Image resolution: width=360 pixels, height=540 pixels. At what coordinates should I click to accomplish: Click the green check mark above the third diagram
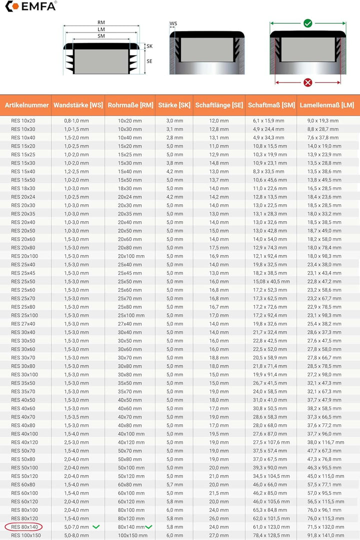(308, 23)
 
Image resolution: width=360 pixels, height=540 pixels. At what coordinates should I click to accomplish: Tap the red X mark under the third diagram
(308, 83)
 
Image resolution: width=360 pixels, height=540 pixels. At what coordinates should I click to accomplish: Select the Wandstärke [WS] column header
(78, 105)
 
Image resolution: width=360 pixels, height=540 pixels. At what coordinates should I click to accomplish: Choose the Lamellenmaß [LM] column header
(327, 105)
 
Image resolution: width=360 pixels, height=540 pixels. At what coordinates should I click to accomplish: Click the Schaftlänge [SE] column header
(219, 105)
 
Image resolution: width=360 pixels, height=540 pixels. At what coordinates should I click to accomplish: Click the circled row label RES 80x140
(23, 527)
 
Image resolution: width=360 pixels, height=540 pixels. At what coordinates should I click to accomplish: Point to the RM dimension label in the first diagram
(101, 23)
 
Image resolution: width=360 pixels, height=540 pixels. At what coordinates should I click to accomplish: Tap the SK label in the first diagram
(149, 46)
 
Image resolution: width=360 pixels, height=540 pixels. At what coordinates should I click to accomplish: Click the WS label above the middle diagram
(173, 24)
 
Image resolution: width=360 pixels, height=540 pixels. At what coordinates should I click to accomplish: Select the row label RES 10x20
(23, 121)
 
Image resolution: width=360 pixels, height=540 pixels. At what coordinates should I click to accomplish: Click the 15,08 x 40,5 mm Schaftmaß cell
(271, 281)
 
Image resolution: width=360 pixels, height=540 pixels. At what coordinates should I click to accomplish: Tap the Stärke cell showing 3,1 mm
(174, 129)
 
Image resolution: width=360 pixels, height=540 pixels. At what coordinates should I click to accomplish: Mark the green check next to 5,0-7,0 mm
(96, 527)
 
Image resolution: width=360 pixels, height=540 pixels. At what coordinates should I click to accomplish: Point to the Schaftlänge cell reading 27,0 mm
(219, 535)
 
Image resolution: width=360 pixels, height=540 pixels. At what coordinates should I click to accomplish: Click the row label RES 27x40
(23, 324)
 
